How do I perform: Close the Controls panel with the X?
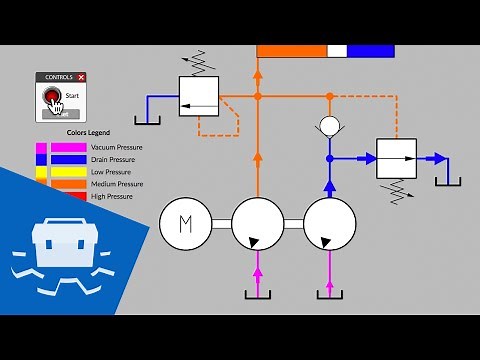[81, 77]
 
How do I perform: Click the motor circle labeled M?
[186, 223]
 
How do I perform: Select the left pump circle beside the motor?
[258, 223]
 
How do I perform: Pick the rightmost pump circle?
[329, 223]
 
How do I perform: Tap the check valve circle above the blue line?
[329, 127]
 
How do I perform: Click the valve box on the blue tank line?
[198, 97]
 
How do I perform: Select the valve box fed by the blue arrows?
[396, 158]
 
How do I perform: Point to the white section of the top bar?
[337, 51]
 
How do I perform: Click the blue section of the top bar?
[370, 51]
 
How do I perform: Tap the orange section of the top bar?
[291, 51]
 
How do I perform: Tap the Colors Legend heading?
[88, 132]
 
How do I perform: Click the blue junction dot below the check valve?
[329, 158]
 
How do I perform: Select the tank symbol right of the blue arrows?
[449, 180]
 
